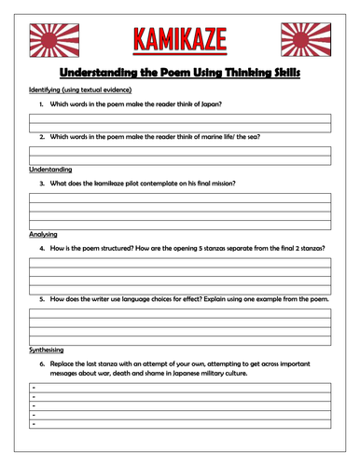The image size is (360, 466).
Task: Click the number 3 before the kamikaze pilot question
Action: [x=41, y=184]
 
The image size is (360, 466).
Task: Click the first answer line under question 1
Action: [x=180, y=115]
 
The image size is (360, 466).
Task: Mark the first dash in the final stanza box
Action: [x=34, y=385]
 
